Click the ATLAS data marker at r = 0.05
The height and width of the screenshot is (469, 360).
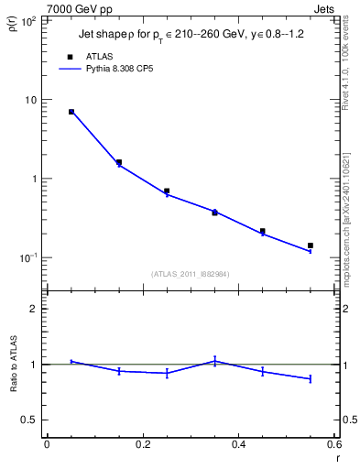tap(71, 112)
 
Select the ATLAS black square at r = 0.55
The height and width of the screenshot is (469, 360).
tap(311, 245)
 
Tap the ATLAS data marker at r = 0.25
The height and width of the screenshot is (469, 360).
tap(167, 191)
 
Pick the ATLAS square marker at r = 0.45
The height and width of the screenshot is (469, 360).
tap(263, 232)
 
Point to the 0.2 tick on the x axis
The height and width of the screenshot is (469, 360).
tap(142, 444)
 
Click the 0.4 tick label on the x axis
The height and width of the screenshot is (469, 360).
tap(238, 444)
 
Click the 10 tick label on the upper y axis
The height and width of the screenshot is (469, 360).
tap(30, 100)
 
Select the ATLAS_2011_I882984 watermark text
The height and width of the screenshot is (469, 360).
tap(191, 273)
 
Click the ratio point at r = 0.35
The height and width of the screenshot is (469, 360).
tap(214, 361)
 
